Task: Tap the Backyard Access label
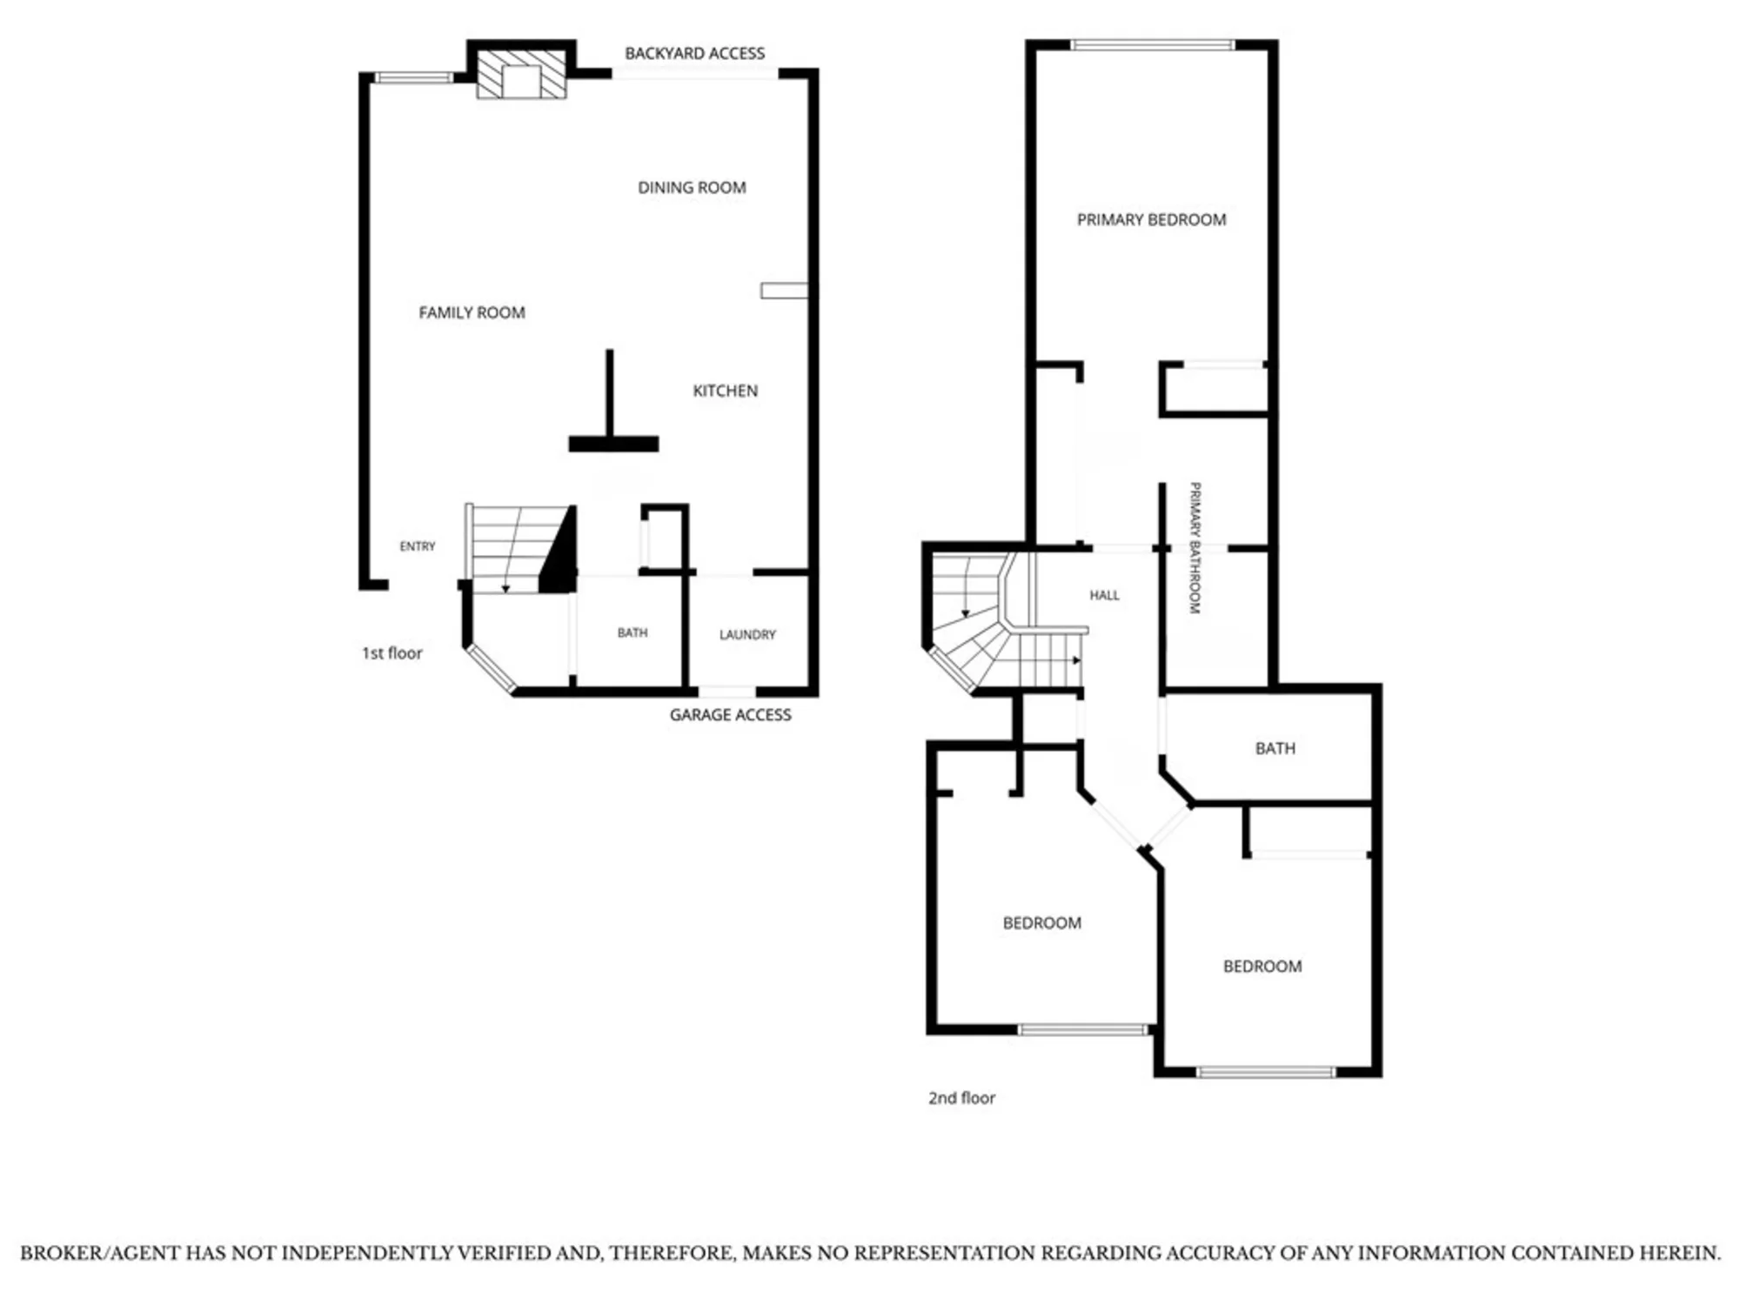(694, 53)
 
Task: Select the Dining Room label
(692, 187)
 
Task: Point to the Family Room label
(472, 312)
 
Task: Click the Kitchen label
(725, 391)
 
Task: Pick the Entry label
(418, 546)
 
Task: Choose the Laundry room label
(747, 634)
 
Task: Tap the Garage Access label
(730, 714)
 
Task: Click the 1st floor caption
(391, 652)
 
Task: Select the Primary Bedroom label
(1151, 219)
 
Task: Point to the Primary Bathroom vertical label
(1195, 548)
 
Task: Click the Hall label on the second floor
(1104, 595)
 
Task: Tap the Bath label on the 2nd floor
(1275, 748)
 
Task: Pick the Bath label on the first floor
(632, 632)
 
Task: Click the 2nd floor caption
(961, 1098)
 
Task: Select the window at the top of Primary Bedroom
(1153, 45)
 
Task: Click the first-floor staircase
(520, 549)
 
